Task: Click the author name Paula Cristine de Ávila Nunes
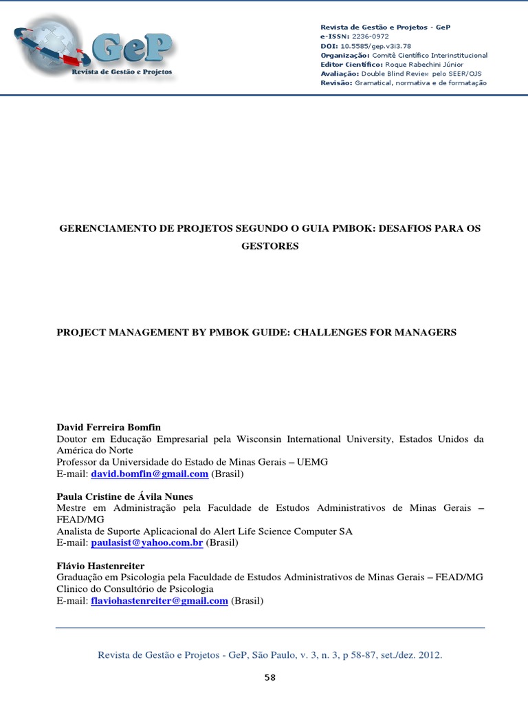coord(124,496)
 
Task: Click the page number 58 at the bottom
coord(269,678)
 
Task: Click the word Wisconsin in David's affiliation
coord(262,439)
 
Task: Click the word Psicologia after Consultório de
coord(189,589)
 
